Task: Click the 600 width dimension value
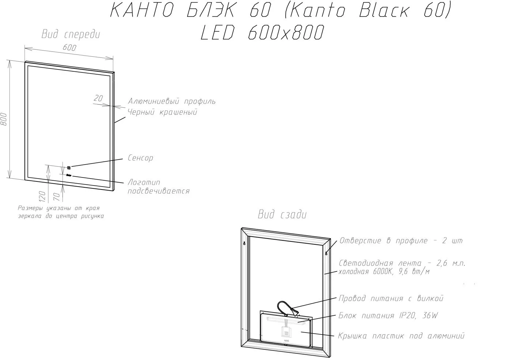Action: [x=69, y=48]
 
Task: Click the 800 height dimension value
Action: [x=4, y=119]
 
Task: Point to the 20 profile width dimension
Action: [x=98, y=98]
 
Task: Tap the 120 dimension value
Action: [x=42, y=196]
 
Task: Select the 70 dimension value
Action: [x=56, y=197]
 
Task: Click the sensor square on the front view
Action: [x=69, y=168]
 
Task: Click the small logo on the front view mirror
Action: [x=69, y=175]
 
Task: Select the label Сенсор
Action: [x=140, y=158]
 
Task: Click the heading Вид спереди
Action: [x=71, y=34]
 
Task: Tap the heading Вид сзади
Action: [x=282, y=214]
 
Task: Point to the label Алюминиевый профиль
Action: [x=172, y=101]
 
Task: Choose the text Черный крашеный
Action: [x=162, y=112]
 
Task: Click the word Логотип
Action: [x=144, y=182]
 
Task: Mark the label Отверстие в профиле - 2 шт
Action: [x=401, y=241]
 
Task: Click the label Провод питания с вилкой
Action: [x=391, y=298]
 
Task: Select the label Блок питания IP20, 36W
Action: [x=388, y=315]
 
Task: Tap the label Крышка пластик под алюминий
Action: [x=401, y=336]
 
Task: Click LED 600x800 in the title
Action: [x=262, y=33]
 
